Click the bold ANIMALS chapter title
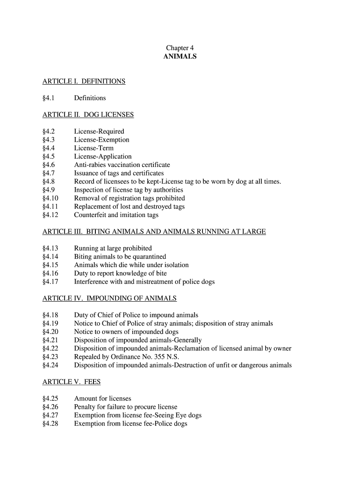point(180,57)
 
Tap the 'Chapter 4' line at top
point(180,48)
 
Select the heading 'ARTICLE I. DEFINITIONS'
point(84,81)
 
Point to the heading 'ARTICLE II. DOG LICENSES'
point(88,115)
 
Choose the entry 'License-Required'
point(99,131)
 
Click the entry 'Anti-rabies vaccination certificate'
point(122,165)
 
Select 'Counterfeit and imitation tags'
point(116,215)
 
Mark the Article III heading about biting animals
point(154,232)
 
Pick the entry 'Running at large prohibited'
point(113,248)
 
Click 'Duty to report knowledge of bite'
point(120,274)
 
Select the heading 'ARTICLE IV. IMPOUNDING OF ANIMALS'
point(109,298)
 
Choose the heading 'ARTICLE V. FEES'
point(71,382)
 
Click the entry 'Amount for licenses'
point(102,399)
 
